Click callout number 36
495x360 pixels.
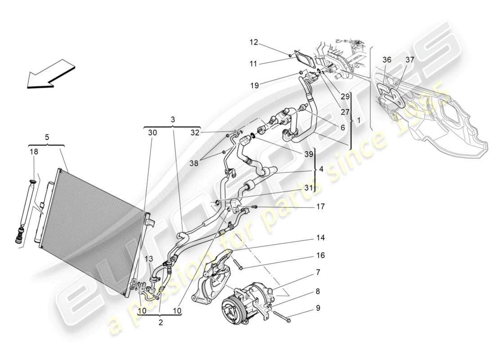point(387,60)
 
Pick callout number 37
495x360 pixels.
point(409,60)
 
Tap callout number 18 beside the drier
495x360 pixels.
point(34,152)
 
